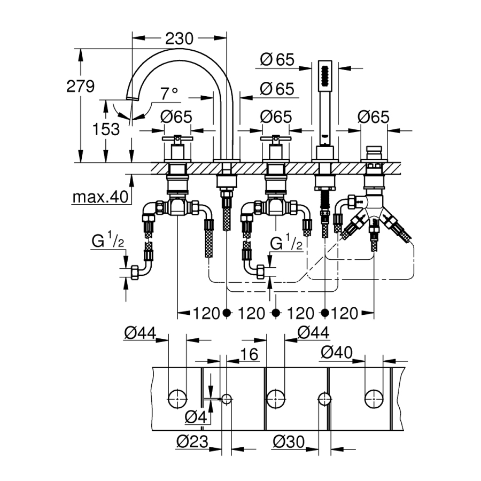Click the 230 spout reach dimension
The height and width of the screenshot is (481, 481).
[179, 38]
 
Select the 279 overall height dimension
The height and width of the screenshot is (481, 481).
[81, 86]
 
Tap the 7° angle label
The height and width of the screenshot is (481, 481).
[169, 94]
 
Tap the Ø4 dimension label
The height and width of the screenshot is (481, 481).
[196, 416]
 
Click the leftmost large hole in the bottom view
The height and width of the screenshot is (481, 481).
[177, 398]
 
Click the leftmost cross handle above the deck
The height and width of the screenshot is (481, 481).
[177, 140]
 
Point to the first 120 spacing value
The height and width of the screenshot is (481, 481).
[202, 313]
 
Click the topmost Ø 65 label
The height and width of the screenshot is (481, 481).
[278, 59]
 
